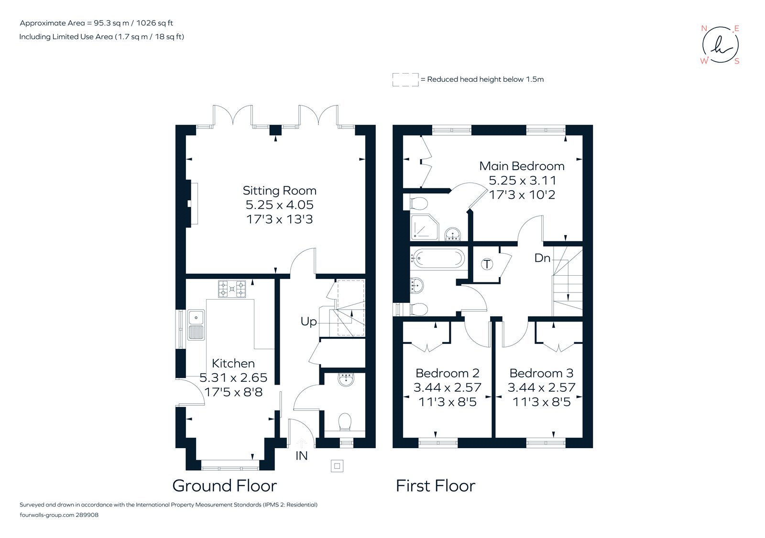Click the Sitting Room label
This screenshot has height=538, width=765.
(x=279, y=191)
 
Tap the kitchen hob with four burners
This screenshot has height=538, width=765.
(x=232, y=289)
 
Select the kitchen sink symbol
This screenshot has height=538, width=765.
(x=196, y=324)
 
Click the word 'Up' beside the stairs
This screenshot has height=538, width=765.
(x=308, y=322)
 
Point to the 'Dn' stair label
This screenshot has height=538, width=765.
(x=542, y=258)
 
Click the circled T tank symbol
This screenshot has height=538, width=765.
(x=487, y=264)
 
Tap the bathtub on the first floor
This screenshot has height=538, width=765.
(x=438, y=258)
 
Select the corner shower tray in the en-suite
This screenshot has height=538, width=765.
(x=424, y=227)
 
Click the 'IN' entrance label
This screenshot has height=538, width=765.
(x=301, y=456)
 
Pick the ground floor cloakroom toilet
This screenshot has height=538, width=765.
(x=345, y=422)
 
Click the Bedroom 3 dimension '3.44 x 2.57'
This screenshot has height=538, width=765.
(x=541, y=387)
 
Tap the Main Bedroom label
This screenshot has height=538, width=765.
(x=522, y=166)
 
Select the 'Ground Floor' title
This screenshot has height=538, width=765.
(x=224, y=486)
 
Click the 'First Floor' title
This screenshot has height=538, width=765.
(x=435, y=486)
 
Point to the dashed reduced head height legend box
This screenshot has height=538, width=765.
(x=405, y=80)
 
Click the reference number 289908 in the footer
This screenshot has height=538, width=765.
(x=87, y=515)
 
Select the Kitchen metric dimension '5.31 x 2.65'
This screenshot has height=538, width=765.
(x=233, y=378)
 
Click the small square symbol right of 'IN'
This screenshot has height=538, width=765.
(x=337, y=466)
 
